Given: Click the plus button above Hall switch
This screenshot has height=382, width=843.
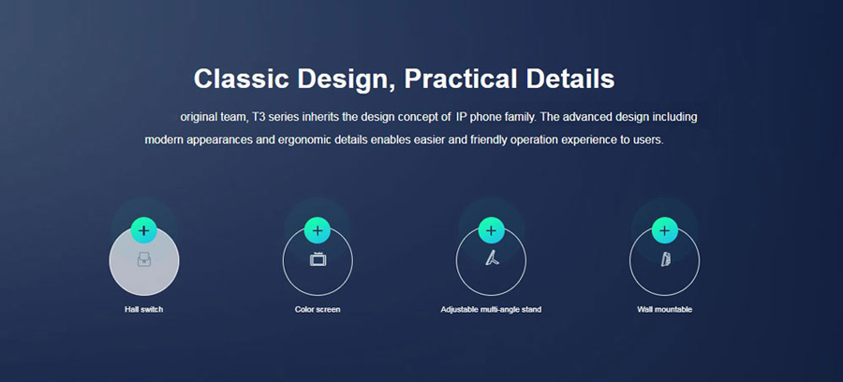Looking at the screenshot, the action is pos(143,230).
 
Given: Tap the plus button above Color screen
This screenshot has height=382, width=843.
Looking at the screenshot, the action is pos(318,230).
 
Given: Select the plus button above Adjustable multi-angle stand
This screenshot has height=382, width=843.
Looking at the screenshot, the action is pos(491,230).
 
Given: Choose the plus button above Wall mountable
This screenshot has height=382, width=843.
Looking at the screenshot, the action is pos(664,230).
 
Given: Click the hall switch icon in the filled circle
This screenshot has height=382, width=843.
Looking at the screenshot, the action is pos(144,260).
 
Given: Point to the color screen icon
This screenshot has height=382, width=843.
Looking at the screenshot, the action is pos(318,259).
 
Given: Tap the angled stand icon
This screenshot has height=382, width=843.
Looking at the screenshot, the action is pos(492,259).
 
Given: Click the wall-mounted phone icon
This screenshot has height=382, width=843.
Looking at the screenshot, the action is pos(665,259).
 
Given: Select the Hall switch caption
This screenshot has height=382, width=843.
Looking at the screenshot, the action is pos(143,310).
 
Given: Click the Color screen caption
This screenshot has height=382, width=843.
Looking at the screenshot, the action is pos(318,310).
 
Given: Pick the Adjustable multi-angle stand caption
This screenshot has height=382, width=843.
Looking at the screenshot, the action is pos(491,310).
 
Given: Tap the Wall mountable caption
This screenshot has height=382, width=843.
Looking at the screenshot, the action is pos(664,310).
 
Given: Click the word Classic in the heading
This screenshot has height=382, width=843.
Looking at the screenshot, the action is pos(242,79).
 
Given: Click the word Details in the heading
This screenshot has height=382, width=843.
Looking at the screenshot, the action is pos(570,79).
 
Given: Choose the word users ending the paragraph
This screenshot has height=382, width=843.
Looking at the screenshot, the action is pos(649,140).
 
